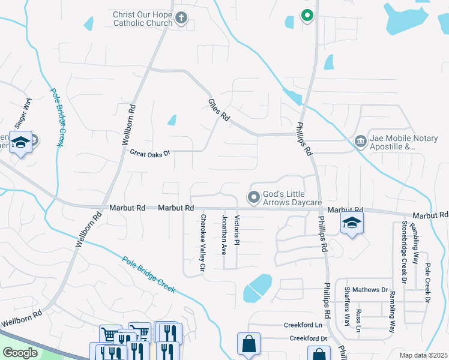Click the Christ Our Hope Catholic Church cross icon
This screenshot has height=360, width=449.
point(182,19)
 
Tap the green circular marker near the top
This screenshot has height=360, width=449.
point(307,16)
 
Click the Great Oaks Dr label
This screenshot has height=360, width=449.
point(150,153)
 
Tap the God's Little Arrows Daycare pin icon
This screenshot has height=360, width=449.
point(254,196)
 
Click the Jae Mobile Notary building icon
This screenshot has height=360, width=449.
point(360,142)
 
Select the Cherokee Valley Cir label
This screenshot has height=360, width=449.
point(203,242)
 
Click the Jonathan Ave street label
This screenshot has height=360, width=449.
point(224,235)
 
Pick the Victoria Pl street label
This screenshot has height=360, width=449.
point(237,230)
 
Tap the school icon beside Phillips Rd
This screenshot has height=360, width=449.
point(351,224)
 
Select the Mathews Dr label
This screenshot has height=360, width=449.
point(370,290)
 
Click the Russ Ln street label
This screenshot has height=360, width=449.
point(358,320)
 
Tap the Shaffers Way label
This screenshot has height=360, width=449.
point(347,306)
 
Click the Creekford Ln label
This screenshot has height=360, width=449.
point(303,325)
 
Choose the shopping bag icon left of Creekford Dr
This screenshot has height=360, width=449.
point(249,344)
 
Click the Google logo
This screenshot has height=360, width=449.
point(20,353)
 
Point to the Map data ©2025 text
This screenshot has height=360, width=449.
point(423,355)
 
